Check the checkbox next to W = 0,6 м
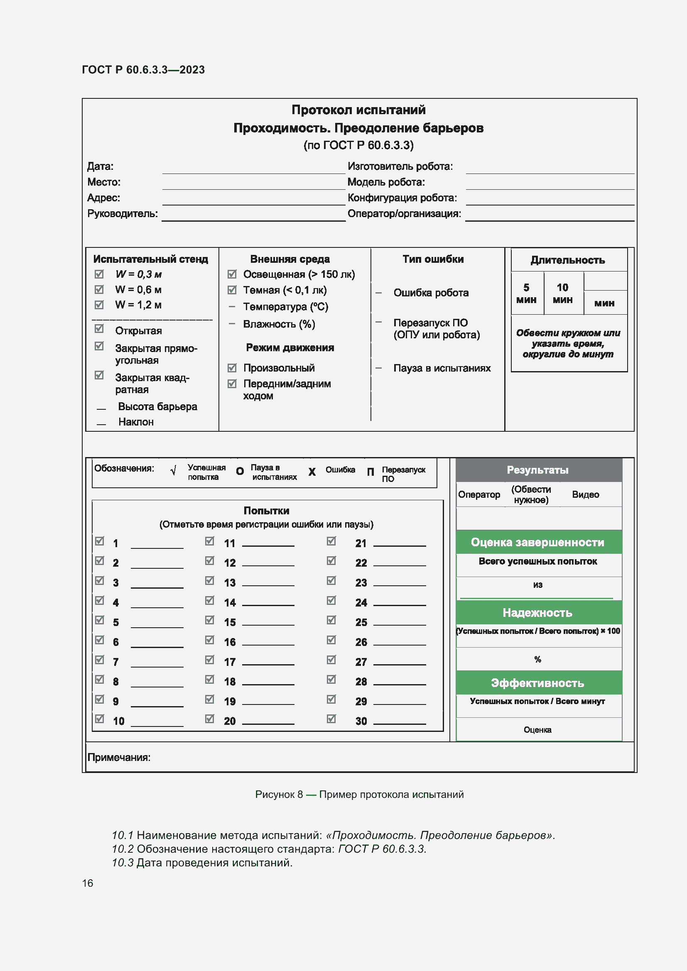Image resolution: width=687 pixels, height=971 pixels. point(99,289)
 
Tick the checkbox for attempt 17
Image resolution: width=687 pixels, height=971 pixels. point(209,660)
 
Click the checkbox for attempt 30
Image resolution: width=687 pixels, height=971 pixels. point(331,719)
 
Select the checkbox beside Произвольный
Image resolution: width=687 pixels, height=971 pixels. point(232,367)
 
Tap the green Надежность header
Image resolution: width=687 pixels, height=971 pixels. point(537,612)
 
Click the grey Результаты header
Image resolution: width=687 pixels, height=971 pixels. point(537,470)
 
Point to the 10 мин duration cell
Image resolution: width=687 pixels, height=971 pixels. point(563,293)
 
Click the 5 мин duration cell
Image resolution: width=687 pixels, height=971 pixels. point(526,293)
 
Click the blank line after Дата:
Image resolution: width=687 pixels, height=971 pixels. point(253,169)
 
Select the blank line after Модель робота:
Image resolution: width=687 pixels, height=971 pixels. point(550,185)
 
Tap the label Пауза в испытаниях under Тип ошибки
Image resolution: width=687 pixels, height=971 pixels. point(442,368)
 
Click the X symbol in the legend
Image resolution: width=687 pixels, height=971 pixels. point(312,472)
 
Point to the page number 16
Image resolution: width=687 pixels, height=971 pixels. point(88,883)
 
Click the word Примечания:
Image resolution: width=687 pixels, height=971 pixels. point(119,757)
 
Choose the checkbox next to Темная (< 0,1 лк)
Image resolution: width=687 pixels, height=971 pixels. point(232,290)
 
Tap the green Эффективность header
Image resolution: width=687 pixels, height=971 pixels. point(537,683)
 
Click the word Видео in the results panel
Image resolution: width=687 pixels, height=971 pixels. point(585,494)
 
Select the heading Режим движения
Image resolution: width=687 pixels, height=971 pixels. point(290,347)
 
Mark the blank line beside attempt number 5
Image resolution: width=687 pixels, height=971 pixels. point(157,624)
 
